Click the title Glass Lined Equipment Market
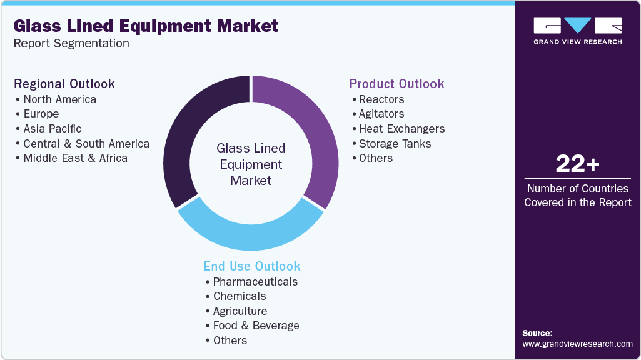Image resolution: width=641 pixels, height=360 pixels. [x=146, y=26]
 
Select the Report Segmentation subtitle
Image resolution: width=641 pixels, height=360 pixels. [x=71, y=43]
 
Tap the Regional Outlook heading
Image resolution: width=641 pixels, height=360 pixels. [x=64, y=84]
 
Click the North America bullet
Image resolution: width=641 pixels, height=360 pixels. [x=59, y=99]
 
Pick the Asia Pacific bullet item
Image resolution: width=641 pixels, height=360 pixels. [x=52, y=129]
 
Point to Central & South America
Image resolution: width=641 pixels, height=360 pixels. [x=86, y=144]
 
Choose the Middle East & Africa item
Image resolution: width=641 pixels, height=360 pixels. [x=75, y=158]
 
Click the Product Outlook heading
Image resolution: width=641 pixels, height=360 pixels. [x=396, y=84]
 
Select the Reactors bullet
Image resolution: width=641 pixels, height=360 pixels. [x=381, y=99]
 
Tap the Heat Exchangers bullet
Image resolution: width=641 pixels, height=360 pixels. [x=401, y=129]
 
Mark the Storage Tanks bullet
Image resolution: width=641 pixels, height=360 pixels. [x=395, y=144]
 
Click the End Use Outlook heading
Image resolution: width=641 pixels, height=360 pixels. [x=252, y=266]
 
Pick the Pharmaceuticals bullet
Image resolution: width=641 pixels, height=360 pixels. [x=255, y=282]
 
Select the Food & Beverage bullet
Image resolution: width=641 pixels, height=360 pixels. [x=256, y=326]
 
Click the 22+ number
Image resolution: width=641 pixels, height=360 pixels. [x=577, y=164]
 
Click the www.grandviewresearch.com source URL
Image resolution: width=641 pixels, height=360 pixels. [x=577, y=344]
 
